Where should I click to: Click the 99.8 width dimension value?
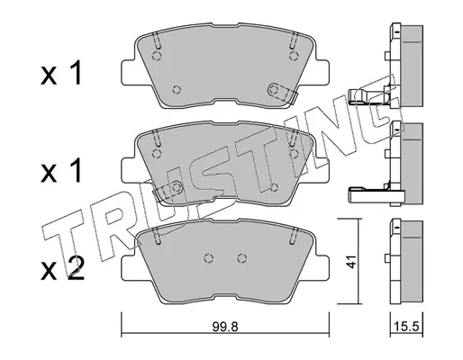coord(225,327)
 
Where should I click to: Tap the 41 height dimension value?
coord(350,261)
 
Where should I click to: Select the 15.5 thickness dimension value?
coord(407,326)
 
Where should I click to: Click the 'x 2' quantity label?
coord(62,269)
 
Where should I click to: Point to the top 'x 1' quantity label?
coord(61,73)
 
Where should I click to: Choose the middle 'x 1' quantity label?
coord(61,171)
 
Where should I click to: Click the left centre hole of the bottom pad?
coord(209,257)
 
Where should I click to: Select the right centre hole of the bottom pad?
coord(241,257)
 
